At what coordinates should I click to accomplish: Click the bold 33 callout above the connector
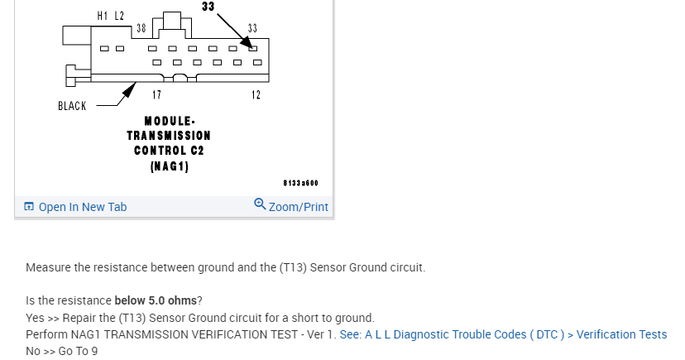pyautogui.click(x=208, y=7)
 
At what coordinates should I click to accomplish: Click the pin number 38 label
pyautogui.click(x=141, y=28)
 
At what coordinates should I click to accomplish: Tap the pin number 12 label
pyautogui.click(x=256, y=94)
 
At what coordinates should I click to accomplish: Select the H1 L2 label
pyautogui.click(x=110, y=16)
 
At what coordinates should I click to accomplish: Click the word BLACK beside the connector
pyautogui.click(x=72, y=106)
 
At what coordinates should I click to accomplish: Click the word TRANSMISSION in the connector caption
pyautogui.click(x=169, y=135)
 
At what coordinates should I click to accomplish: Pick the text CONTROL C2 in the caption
pyautogui.click(x=169, y=151)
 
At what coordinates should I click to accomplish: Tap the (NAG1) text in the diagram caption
pyautogui.click(x=169, y=166)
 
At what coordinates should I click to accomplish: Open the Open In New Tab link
pyautogui.click(x=83, y=207)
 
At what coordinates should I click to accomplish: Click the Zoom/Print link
pyautogui.click(x=298, y=207)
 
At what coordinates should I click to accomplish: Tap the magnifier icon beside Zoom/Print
pyautogui.click(x=260, y=205)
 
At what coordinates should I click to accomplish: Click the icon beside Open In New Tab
pyautogui.click(x=29, y=207)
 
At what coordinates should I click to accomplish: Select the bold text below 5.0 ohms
pyautogui.click(x=156, y=300)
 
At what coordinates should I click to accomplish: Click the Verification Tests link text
pyautogui.click(x=621, y=334)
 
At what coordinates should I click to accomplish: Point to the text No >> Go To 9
pyautogui.click(x=61, y=351)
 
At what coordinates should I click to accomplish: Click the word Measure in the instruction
pyautogui.click(x=48, y=267)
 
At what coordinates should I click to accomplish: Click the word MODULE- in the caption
pyautogui.click(x=169, y=120)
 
